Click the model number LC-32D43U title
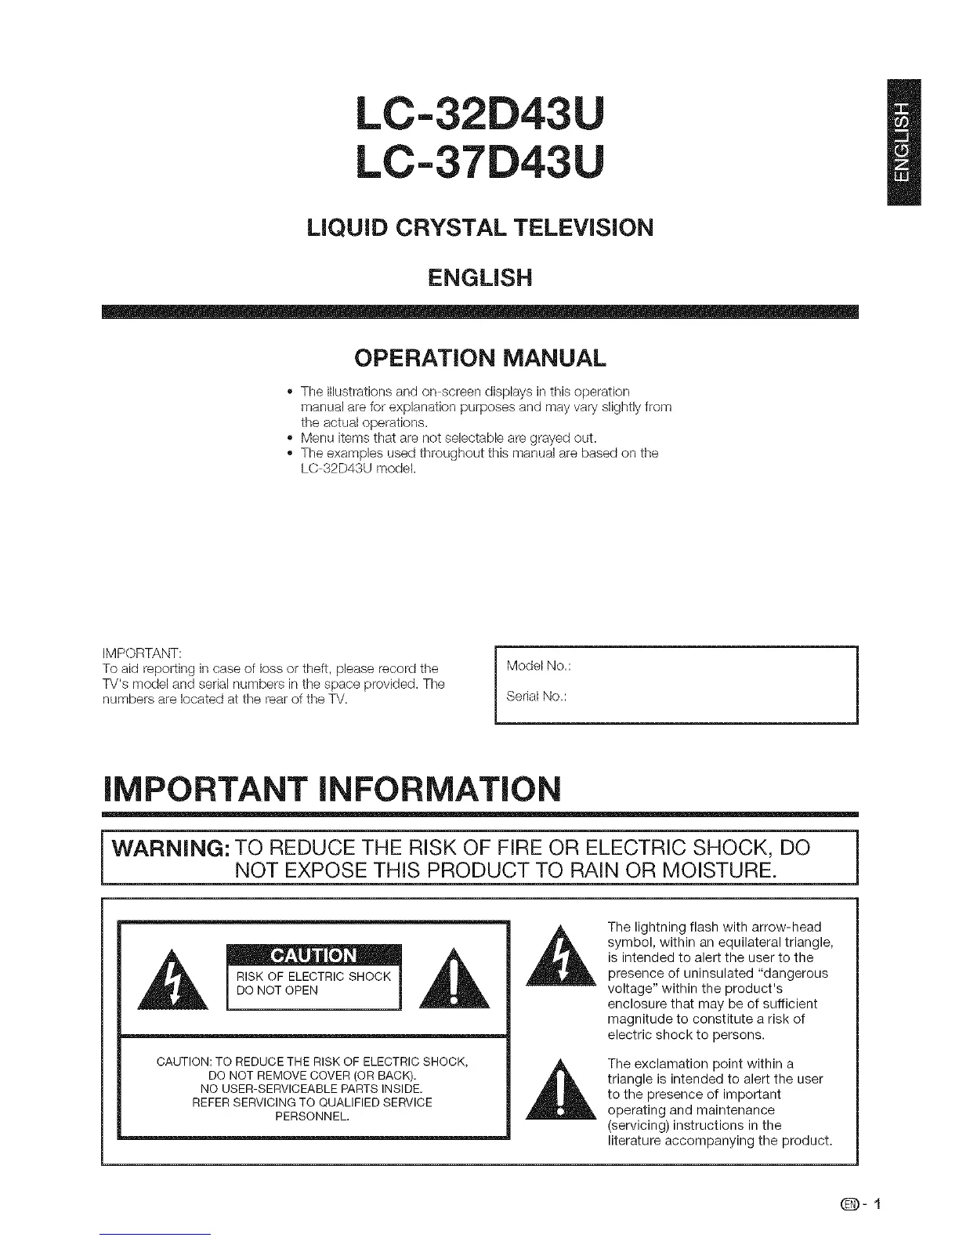[479, 114]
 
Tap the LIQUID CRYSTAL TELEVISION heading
[479, 228]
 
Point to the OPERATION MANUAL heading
[479, 359]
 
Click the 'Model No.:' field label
[538, 666]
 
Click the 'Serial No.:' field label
[537, 696]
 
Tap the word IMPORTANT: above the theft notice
[142, 653]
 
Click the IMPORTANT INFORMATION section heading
[331, 789]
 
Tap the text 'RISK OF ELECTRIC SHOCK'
[313, 976]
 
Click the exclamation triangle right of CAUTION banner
[455, 980]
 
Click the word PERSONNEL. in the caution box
[312, 1116]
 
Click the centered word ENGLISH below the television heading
[479, 277]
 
